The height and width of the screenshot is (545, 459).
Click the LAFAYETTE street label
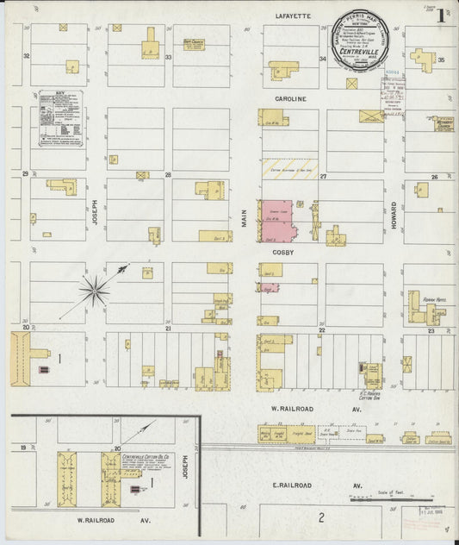(293, 16)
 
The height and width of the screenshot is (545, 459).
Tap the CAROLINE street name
(290, 99)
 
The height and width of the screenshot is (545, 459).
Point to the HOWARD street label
(394, 213)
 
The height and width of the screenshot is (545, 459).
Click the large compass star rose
(95, 289)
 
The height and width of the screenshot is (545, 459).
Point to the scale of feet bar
(392, 498)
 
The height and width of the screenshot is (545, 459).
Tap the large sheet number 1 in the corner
(440, 16)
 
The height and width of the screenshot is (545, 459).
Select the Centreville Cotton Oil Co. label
(143, 455)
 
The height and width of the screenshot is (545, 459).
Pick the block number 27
(323, 176)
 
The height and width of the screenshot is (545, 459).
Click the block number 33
(168, 58)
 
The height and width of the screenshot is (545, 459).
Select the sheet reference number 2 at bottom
(320, 517)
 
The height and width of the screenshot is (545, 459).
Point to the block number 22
(320, 329)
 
